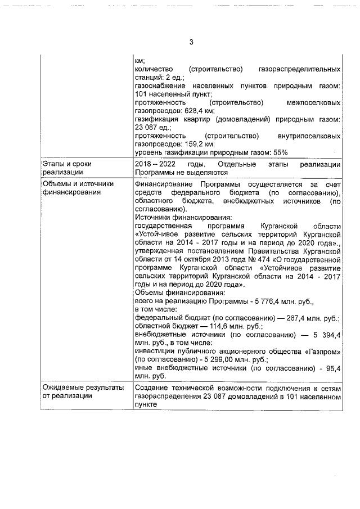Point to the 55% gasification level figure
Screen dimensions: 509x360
[280, 152]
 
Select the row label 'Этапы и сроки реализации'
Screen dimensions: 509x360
[67, 168]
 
